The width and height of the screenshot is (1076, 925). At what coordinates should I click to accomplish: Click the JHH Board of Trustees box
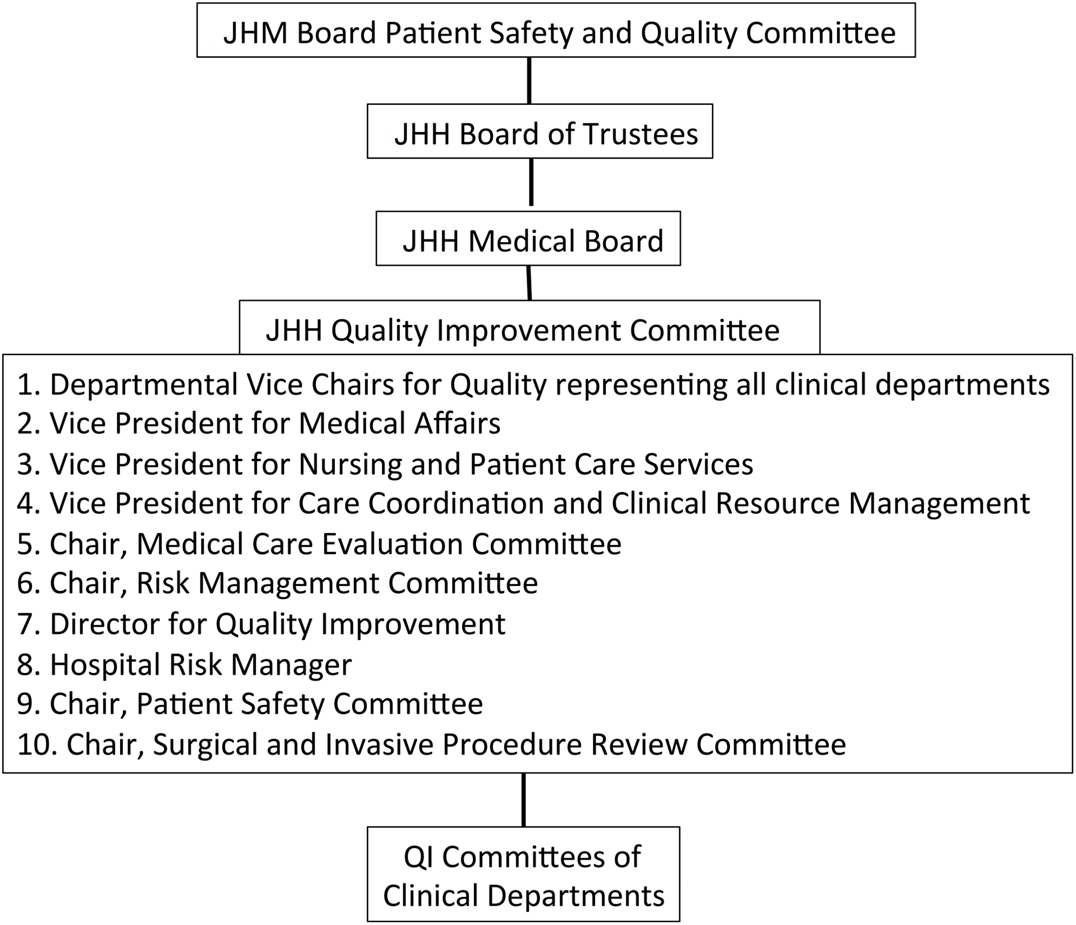coord(540,131)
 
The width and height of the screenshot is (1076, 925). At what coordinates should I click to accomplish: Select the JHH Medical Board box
coord(528,238)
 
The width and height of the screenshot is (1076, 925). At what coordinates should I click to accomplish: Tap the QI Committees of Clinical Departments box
coord(523,874)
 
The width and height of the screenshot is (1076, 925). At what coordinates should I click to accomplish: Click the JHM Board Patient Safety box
coord(556,30)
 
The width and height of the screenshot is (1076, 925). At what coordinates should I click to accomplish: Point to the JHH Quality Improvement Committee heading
coord(523,330)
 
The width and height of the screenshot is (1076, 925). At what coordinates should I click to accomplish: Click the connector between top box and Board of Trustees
coord(529,80)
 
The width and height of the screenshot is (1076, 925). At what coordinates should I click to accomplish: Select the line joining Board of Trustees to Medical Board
coord(531,182)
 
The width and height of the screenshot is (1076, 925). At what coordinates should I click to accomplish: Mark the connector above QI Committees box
coord(523,800)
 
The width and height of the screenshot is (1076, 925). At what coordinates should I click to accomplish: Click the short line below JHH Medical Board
coord(529,282)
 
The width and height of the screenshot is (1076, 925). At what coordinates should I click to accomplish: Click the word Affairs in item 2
coord(457,424)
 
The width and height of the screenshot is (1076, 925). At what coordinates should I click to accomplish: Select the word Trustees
coord(641,134)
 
